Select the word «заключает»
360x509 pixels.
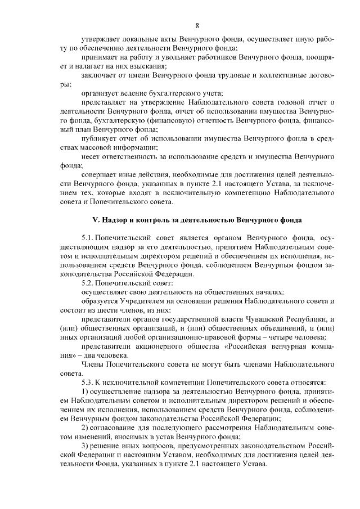[100, 75]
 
